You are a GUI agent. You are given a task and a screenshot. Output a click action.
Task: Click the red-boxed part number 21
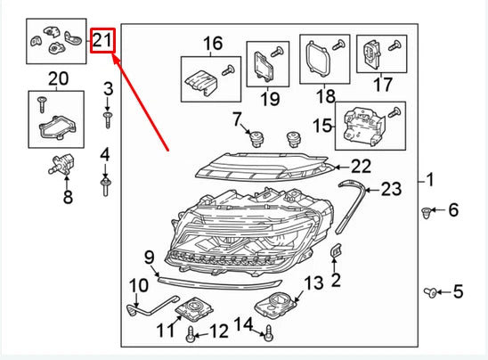(x=102, y=40)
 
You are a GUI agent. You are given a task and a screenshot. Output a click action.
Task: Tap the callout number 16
(x=213, y=44)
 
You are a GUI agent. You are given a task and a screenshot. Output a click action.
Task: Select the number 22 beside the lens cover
(x=362, y=167)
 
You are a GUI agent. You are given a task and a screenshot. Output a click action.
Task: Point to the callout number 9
(x=150, y=258)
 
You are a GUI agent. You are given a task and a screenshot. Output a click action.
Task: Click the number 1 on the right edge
(x=430, y=180)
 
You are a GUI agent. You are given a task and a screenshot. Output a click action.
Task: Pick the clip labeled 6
(x=426, y=213)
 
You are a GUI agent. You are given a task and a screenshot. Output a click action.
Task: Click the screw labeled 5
(x=430, y=293)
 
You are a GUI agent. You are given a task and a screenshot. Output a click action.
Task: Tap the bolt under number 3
(x=108, y=120)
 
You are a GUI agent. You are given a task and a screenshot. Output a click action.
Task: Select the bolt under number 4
(x=105, y=186)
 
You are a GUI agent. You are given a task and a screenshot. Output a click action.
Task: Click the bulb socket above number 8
(x=61, y=165)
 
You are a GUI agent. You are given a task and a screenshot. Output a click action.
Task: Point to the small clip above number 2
(x=336, y=250)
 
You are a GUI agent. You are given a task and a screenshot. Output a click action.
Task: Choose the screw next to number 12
(x=191, y=334)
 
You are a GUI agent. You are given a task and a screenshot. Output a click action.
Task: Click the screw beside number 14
(x=269, y=333)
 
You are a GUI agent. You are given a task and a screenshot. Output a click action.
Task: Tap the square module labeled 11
(x=194, y=308)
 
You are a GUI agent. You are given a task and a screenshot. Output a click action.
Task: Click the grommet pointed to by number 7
(x=256, y=139)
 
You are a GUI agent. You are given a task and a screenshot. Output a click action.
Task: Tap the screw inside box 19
(x=277, y=52)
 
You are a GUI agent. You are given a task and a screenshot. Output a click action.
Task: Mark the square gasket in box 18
(x=317, y=59)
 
